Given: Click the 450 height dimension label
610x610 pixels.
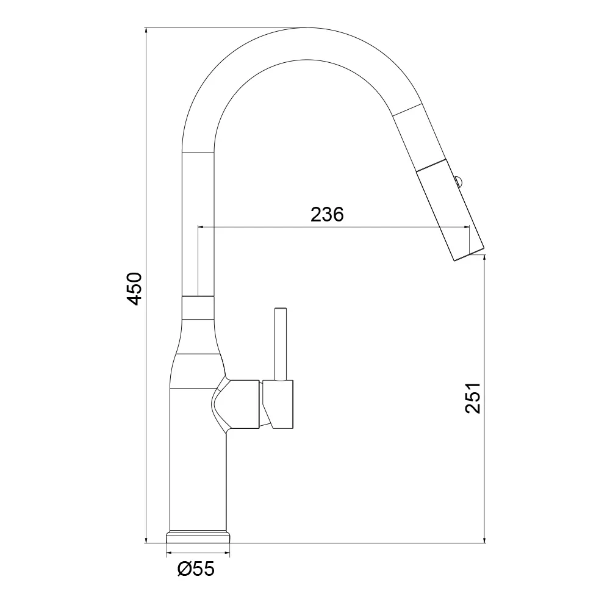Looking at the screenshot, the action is tap(135, 289).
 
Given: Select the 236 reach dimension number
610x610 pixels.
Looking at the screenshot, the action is tap(327, 214).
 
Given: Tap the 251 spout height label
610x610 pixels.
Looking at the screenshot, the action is tap(473, 398).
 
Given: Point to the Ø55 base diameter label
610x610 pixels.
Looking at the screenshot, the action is tap(196, 569).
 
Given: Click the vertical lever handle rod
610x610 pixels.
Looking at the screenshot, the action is tap(281, 344).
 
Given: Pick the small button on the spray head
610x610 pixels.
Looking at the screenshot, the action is tap(459, 181).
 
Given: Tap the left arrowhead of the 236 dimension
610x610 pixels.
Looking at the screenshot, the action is tap(201, 227).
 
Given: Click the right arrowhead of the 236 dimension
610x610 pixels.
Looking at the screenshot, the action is tap(466, 227).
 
